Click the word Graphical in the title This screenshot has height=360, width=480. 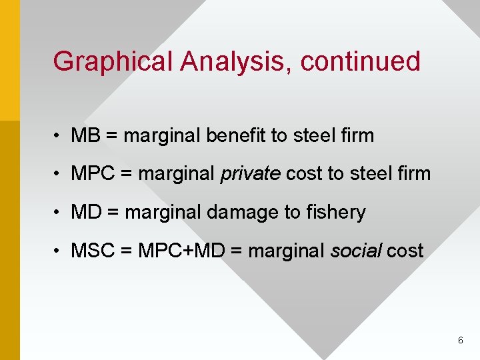pyautogui.click(x=113, y=61)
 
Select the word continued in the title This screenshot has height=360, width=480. pyautogui.click(x=360, y=61)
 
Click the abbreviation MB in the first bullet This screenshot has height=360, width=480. pyautogui.click(x=85, y=135)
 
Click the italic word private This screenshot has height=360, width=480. pyautogui.click(x=250, y=174)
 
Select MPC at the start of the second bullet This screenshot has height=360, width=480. pyautogui.click(x=93, y=174)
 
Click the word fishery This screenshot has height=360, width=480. pyautogui.click(x=336, y=213)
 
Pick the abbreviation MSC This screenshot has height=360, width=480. pyautogui.click(x=93, y=251)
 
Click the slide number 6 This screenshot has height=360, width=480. pyautogui.click(x=461, y=341)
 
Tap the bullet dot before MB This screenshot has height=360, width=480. pyautogui.click(x=60, y=136)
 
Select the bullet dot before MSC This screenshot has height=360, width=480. pyautogui.click(x=60, y=251)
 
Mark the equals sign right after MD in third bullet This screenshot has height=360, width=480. pyautogui.click(x=113, y=213)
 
